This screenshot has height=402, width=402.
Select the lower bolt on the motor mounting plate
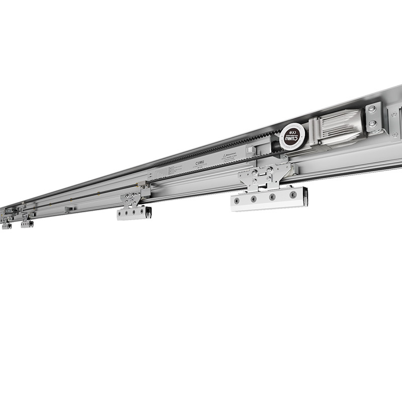(372, 123)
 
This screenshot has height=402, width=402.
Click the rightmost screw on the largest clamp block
(293, 194)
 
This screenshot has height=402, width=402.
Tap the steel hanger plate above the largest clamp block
(265, 176)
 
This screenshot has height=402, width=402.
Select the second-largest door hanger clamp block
(134, 213)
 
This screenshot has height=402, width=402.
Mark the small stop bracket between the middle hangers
(71, 209)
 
